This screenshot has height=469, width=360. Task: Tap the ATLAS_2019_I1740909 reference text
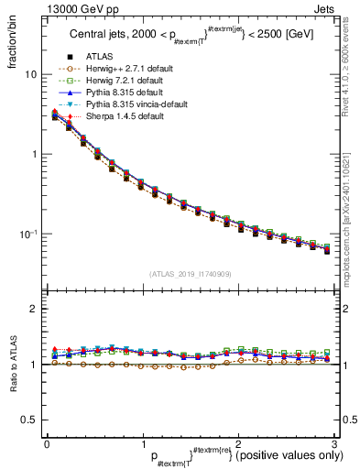tap(191, 273)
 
